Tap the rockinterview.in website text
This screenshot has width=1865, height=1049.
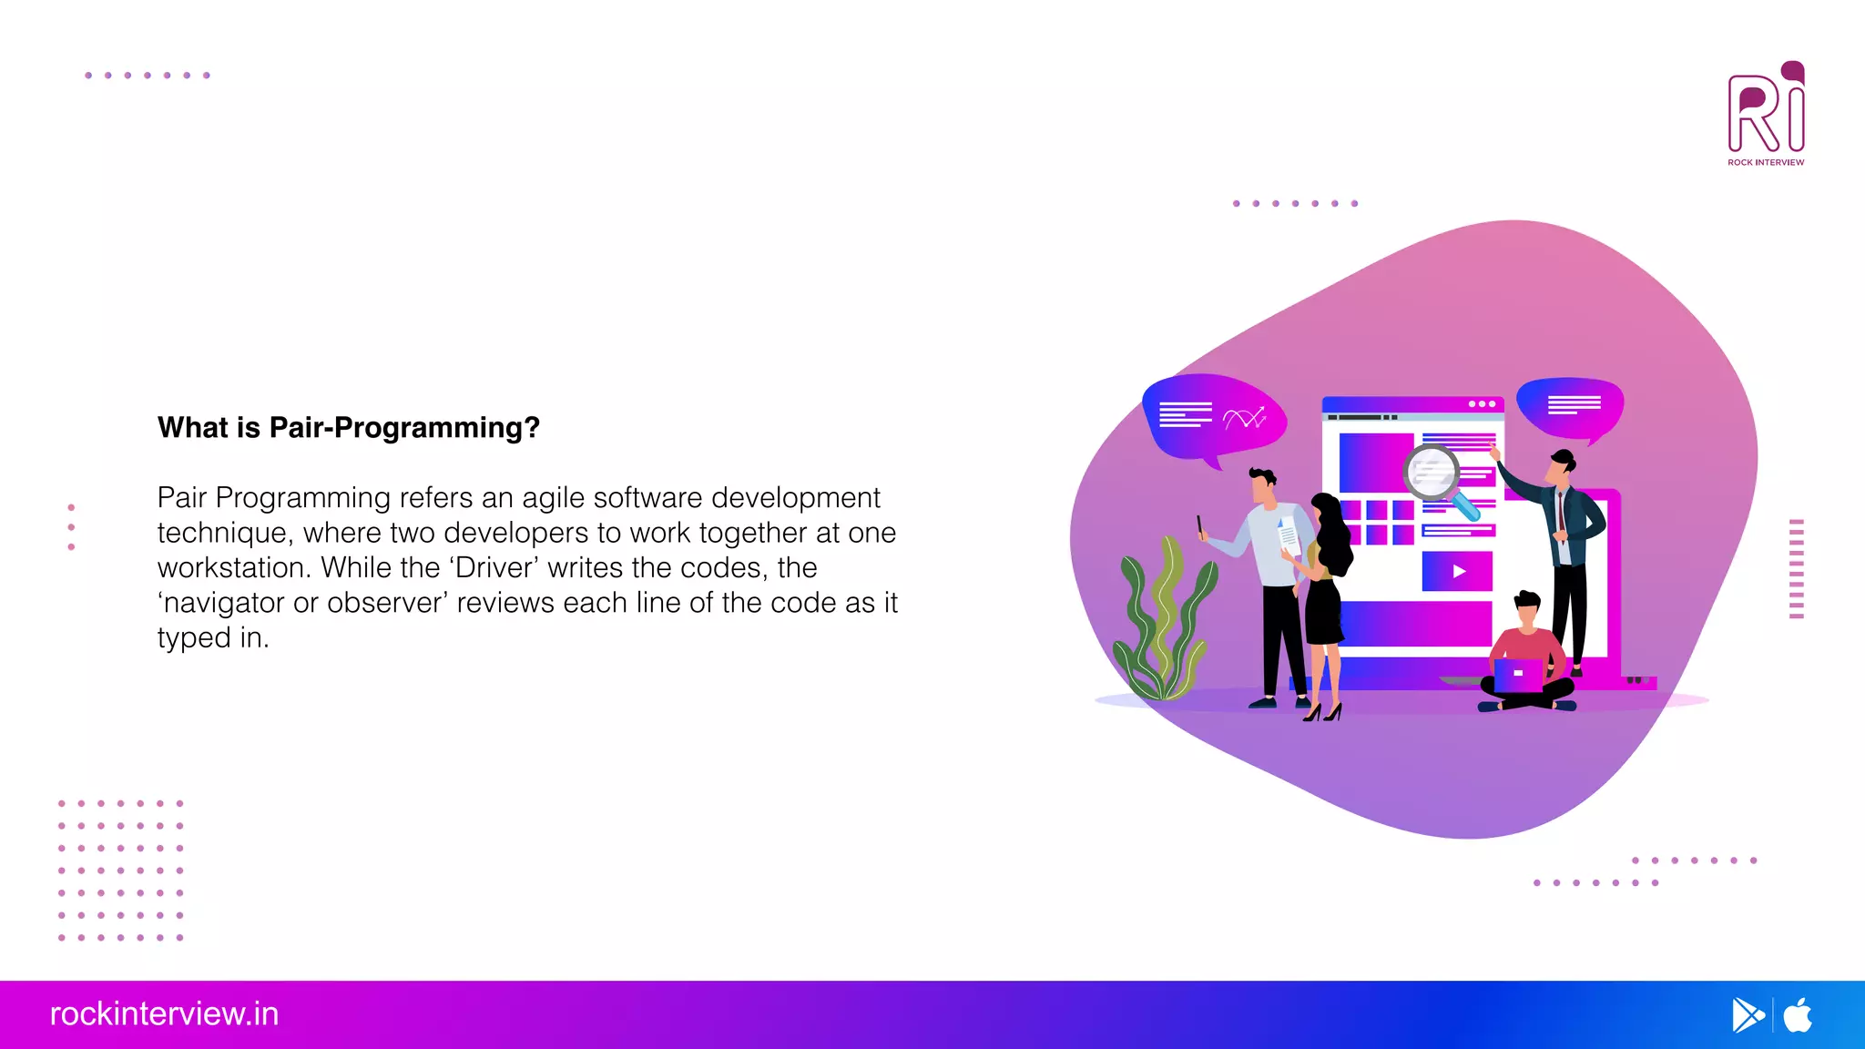tap(164, 1013)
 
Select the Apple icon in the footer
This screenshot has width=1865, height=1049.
tap(1798, 1015)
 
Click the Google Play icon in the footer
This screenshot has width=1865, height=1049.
tap(1748, 1015)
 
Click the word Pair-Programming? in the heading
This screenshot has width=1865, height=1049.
tap(404, 427)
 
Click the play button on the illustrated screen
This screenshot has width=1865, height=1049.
tap(1458, 572)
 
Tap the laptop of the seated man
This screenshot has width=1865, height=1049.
tap(1518, 675)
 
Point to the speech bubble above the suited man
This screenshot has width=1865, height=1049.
tap(1571, 406)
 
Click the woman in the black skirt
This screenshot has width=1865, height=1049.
tap(1326, 601)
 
